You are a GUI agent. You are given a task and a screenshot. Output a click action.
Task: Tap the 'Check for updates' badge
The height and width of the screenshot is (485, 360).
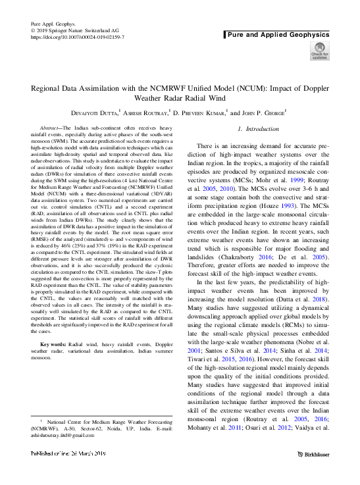point(319,51)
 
